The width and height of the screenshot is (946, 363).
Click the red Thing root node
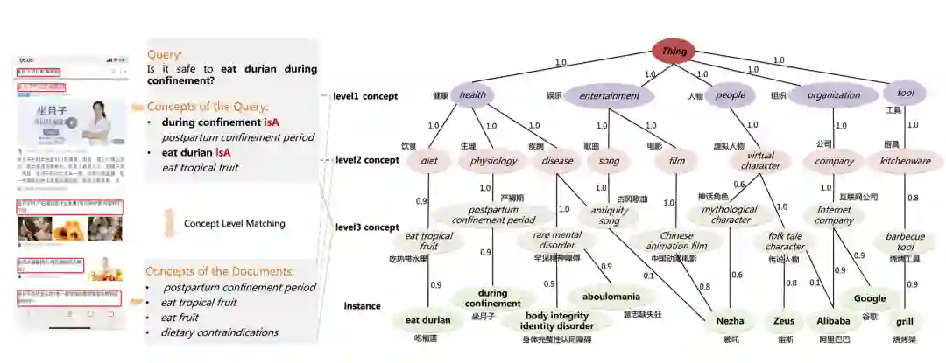674,52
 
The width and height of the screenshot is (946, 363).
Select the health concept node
472,95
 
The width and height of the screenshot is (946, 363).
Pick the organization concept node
833,95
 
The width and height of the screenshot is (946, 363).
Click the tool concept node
904,93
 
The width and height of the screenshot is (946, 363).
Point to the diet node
429,160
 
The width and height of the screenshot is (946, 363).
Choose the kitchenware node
905,161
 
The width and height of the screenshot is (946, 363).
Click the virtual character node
760,160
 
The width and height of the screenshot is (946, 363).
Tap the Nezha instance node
730,321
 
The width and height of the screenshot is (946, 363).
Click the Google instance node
870,298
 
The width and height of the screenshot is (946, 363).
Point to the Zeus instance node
784,321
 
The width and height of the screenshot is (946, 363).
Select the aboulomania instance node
611,297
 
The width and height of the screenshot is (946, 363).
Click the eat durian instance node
428,320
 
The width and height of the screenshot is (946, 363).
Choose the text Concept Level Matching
234,224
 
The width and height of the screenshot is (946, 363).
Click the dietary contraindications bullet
220,332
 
